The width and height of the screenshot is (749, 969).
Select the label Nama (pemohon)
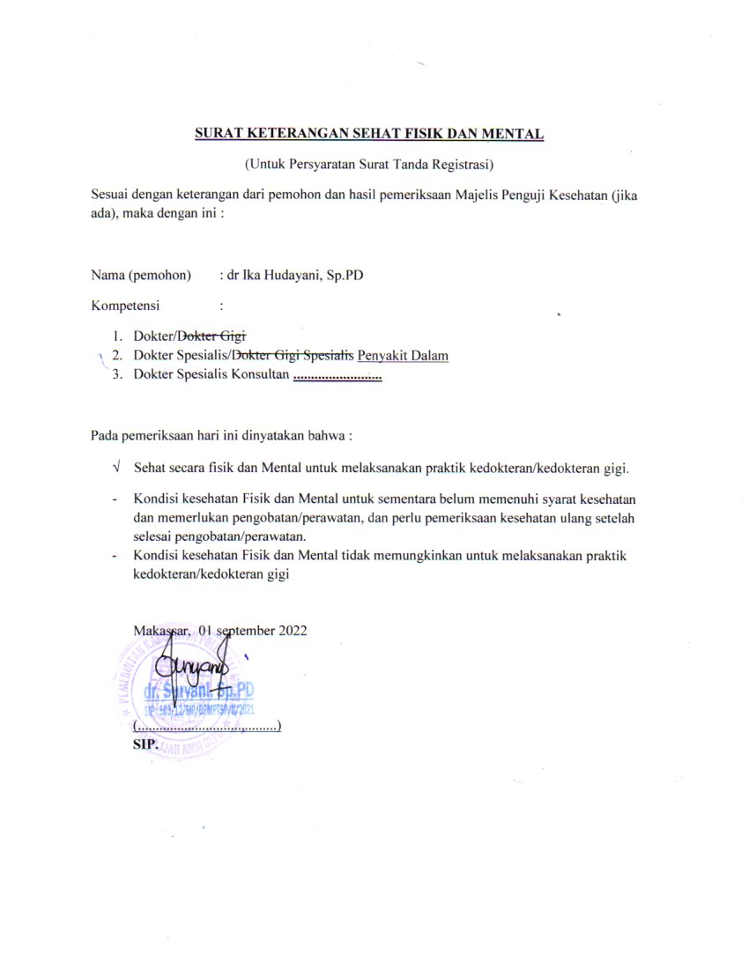[x=141, y=275]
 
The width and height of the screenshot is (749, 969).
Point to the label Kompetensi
[x=125, y=306]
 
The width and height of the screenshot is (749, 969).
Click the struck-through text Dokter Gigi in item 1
[x=213, y=336]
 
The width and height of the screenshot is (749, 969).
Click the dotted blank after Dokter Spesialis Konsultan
[x=337, y=376]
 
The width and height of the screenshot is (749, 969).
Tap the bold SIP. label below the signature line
[x=144, y=743]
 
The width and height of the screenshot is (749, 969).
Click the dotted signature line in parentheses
[x=206, y=728]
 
